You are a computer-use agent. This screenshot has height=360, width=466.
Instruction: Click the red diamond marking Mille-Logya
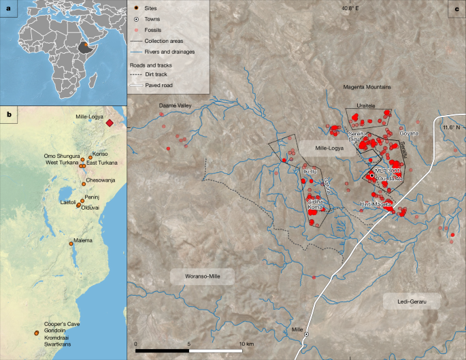[109, 122]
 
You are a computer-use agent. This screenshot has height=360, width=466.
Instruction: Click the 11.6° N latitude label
[450, 127]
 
